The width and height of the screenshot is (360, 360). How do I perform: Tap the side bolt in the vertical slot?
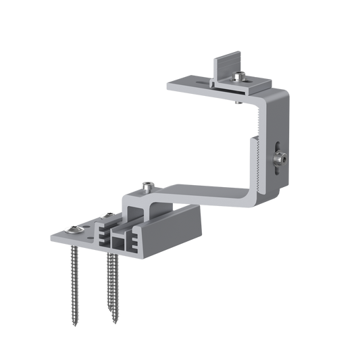[280, 159]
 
